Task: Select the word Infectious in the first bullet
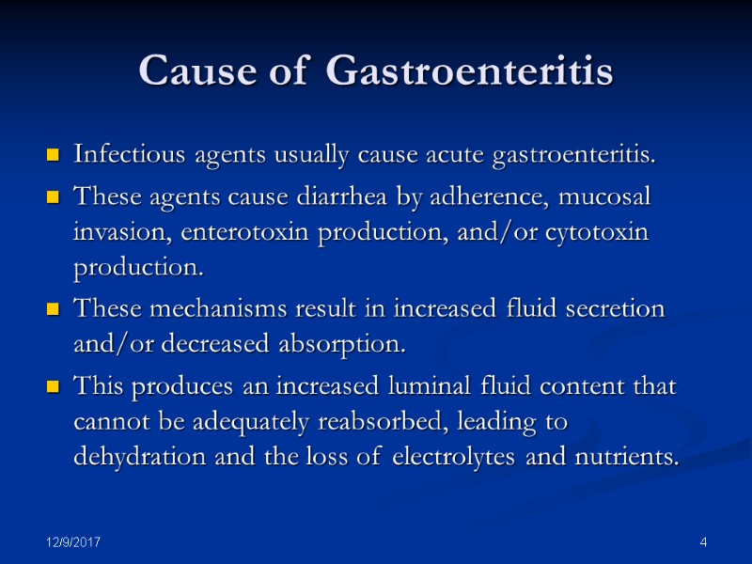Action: (120, 154)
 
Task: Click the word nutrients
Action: (634, 458)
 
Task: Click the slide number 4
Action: (703, 543)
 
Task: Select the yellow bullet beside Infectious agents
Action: (54, 154)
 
